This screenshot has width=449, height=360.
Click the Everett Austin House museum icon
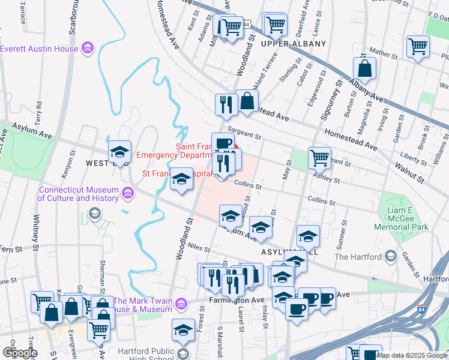click(x=88, y=47)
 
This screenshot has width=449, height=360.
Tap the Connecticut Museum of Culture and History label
click(x=79, y=193)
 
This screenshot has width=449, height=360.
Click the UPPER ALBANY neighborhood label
click(x=294, y=44)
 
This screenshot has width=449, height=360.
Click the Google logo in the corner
click(x=20, y=353)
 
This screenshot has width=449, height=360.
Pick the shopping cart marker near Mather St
click(x=418, y=47)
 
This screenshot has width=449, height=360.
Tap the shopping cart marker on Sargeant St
click(x=319, y=158)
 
